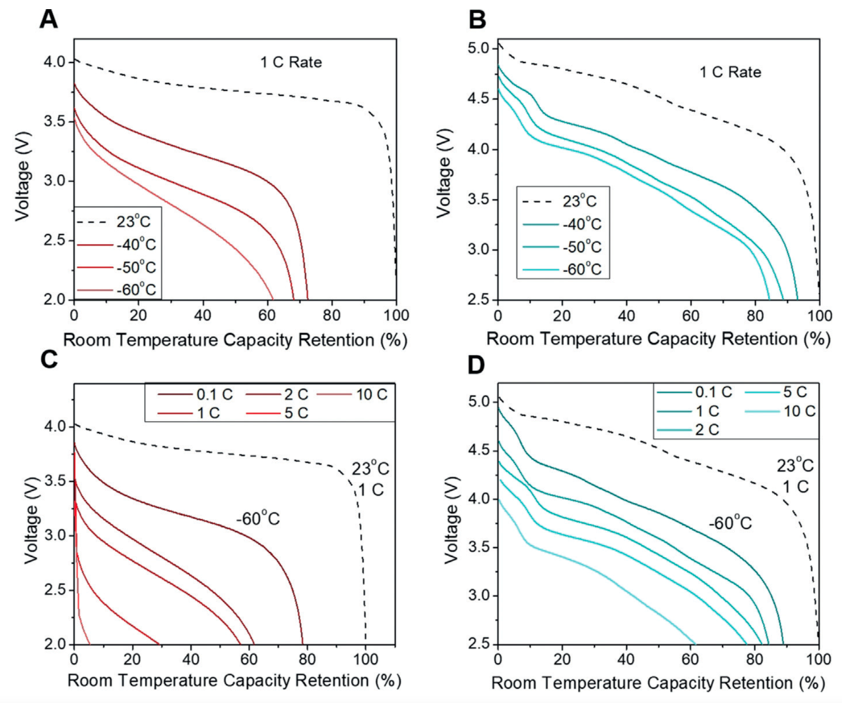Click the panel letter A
(x=49, y=19)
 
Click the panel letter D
(x=476, y=365)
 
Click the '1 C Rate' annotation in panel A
(x=291, y=62)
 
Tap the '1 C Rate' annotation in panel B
(x=730, y=72)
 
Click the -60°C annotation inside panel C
(x=258, y=519)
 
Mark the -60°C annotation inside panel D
(x=730, y=523)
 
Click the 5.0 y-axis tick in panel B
(x=478, y=48)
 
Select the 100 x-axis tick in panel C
(x=365, y=659)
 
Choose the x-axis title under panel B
(x=658, y=339)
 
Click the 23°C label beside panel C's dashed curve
(x=371, y=468)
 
